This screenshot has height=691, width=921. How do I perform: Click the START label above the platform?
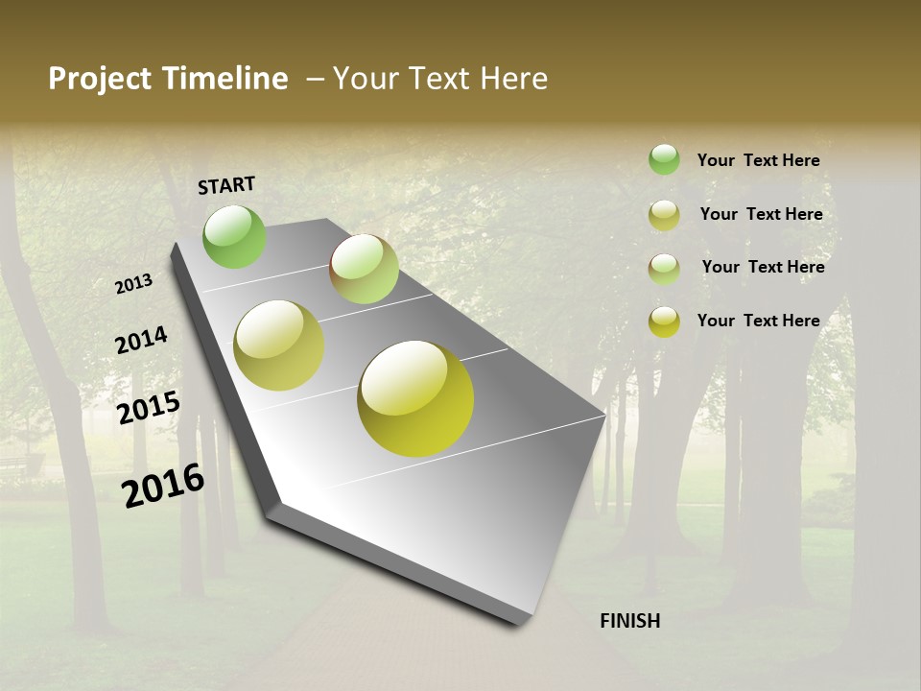pos(226,185)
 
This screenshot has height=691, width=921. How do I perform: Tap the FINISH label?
pos(630,621)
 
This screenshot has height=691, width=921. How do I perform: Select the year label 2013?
pos(134,284)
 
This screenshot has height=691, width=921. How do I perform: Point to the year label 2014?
pos(141,341)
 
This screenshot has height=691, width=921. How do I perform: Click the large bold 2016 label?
pos(163,485)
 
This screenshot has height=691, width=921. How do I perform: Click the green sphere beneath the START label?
pos(234,236)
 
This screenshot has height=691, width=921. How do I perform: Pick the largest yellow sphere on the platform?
pos(415,397)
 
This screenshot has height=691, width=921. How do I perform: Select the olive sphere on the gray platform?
pos(279,345)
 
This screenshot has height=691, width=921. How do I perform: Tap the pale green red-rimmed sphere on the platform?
pos(364,269)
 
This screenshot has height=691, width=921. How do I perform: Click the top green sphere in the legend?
pos(664,159)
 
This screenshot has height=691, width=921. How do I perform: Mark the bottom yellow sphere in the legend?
pos(664,322)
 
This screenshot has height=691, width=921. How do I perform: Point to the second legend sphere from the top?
pos(664,215)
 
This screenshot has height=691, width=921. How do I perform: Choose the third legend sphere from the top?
pos(664,269)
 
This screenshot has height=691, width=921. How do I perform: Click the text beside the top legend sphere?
pos(759,161)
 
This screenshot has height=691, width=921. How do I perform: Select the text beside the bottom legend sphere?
pos(759,321)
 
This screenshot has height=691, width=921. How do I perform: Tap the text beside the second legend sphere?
pos(761,214)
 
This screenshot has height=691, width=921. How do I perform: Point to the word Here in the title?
pos(512,79)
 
